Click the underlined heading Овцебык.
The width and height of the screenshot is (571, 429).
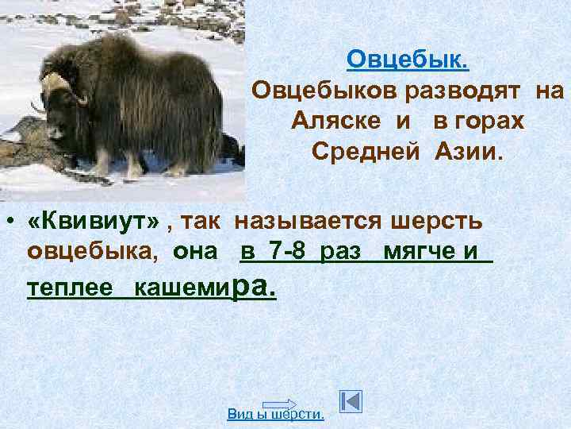(408, 60)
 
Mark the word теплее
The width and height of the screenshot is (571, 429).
(69, 287)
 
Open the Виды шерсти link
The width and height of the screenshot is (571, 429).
(275, 413)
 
